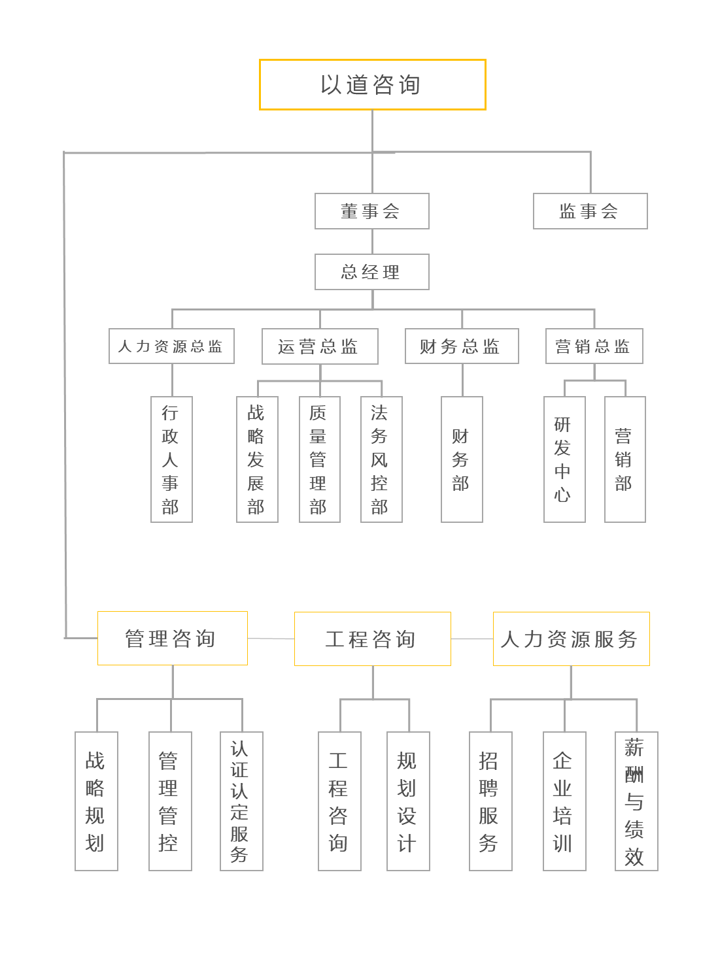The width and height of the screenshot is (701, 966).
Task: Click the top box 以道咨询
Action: (x=372, y=85)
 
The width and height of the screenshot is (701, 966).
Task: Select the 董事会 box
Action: (x=371, y=211)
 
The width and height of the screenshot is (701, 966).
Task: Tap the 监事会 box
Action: (x=590, y=211)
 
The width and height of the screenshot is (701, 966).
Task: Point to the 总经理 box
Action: (x=371, y=272)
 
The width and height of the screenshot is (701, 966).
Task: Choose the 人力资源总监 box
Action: (x=171, y=346)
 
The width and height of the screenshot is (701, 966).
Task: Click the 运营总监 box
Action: (x=320, y=346)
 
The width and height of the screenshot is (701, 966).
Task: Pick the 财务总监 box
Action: (x=462, y=346)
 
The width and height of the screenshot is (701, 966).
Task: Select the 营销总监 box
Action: (x=594, y=346)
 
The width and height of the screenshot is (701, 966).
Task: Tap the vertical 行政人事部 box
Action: (x=171, y=459)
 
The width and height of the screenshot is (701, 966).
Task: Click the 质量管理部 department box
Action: (x=319, y=459)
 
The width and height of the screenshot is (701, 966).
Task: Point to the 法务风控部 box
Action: (x=381, y=459)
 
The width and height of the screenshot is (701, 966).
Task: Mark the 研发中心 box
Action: (x=564, y=459)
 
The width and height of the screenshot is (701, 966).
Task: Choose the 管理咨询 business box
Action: (x=172, y=639)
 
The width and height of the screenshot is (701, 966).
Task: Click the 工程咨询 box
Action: (x=372, y=639)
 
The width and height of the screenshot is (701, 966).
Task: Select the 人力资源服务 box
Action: (x=571, y=639)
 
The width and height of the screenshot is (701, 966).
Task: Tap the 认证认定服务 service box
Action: (x=241, y=801)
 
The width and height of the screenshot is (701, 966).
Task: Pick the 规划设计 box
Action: (x=408, y=801)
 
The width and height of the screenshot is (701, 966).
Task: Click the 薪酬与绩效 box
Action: (x=636, y=801)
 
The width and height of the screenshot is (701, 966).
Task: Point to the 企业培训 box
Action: (x=564, y=801)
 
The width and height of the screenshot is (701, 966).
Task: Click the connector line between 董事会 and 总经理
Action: (x=372, y=241)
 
